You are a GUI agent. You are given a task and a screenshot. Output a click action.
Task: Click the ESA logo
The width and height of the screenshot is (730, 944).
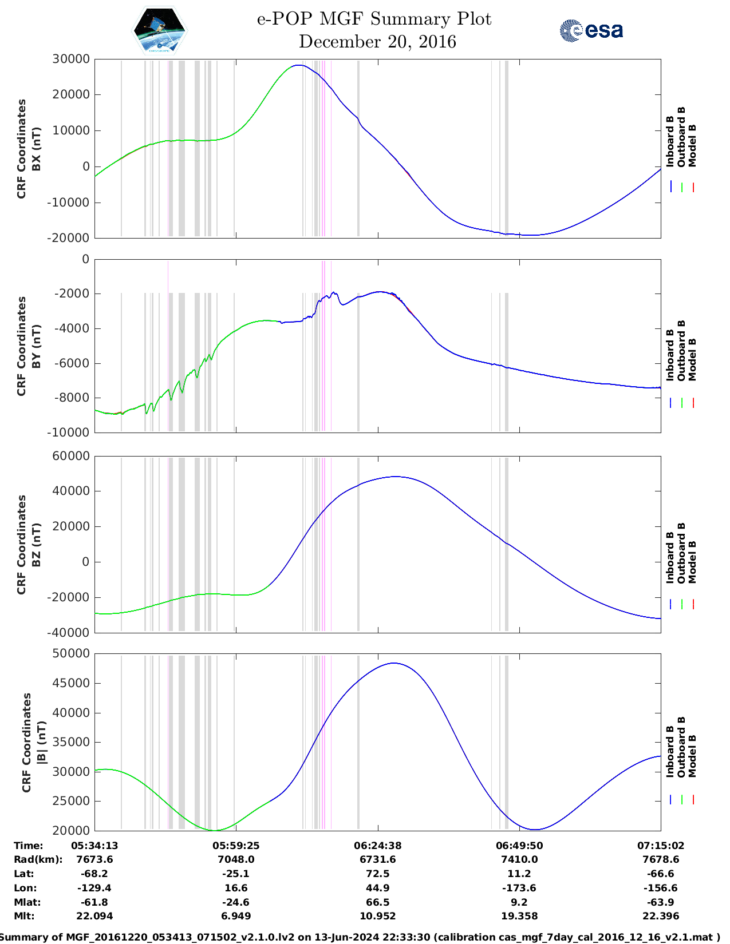(x=591, y=30)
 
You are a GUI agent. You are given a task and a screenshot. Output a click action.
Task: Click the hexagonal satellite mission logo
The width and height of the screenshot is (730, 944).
(x=159, y=31)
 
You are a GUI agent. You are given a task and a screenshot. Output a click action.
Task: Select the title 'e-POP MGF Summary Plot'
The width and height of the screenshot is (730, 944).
(x=374, y=19)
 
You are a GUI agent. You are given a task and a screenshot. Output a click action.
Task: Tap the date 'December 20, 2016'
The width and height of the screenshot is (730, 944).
(x=377, y=42)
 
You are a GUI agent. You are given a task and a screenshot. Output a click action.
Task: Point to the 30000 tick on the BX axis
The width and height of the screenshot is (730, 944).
(x=70, y=59)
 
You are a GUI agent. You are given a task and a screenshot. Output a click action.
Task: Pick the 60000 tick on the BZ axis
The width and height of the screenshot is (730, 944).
(x=70, y=456)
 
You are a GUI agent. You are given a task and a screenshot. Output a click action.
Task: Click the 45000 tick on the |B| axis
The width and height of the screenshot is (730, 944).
(x=70, y=683)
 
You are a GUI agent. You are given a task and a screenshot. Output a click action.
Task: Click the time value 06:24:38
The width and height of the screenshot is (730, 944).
(x=377, y=845)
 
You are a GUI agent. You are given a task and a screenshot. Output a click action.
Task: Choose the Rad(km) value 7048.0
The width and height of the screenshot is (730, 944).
(x=236, y=859)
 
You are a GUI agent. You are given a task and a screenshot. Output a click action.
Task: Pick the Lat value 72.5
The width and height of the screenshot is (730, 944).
(x=377, y=874)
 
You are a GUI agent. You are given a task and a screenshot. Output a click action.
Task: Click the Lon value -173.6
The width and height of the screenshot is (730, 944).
(x=519, y=888)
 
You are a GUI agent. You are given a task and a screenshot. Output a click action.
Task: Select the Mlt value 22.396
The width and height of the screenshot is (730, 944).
(x=661, y=916)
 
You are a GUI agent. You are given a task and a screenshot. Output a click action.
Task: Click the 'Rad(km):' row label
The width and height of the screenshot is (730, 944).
(x=38, y=859)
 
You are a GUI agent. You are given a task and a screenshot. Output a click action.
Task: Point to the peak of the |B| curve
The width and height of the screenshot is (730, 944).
(x=394, y=663)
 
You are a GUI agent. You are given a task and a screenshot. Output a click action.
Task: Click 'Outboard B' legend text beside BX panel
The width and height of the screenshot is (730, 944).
(x=681, y=137)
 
